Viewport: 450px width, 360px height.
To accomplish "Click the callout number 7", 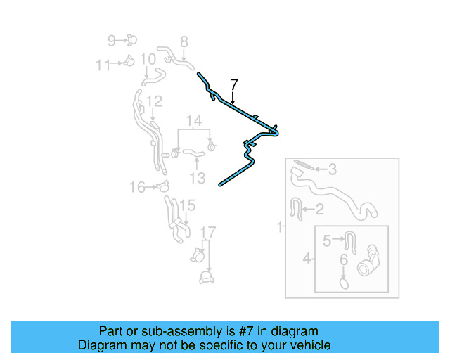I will click(x=234, y=86).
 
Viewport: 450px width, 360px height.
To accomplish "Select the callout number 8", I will click(x=184, y=41).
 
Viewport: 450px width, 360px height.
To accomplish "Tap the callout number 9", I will click(x=112, y=40).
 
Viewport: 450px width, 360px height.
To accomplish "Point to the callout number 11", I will click(x=103, y=65).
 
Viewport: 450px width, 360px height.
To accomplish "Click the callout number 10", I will click(x=148, y=60).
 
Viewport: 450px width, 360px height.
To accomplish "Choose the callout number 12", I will click(x=154, y=101).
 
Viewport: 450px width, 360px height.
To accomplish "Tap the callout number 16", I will click(x=136, y=186).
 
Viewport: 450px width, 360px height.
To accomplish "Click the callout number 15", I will click(x=186, y=205).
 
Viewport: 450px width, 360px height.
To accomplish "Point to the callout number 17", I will click(x=208, y=233).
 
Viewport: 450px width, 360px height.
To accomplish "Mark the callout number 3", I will click(x=333, y=169).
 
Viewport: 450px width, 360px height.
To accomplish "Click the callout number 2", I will click(x=319, y=209).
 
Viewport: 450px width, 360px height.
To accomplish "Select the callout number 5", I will click(x=326, y=241).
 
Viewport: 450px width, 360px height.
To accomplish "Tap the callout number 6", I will click(x=344, y=260).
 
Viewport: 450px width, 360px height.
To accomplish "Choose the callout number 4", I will click(x=307, y=259).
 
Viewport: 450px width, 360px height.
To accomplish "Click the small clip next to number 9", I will click(x=132, y=40).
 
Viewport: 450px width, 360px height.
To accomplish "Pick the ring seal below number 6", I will click(x=344, y=283).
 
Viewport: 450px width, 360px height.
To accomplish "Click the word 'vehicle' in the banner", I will click(x=307, y=345).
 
